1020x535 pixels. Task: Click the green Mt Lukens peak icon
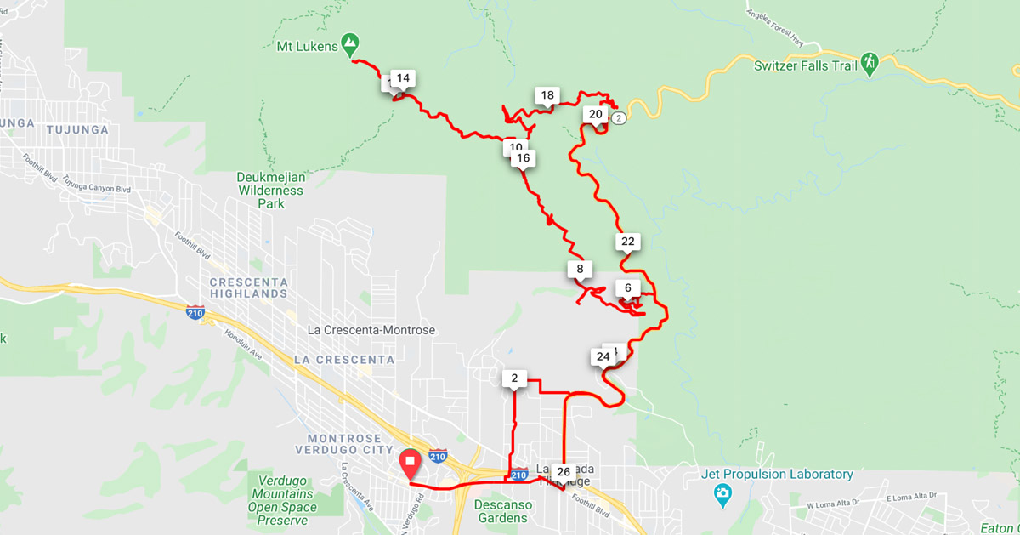[x=348, y=42]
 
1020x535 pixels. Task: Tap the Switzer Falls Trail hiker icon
[x=868, y=63]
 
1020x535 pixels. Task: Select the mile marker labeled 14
[x=403, y=78]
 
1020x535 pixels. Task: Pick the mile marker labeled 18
[x=547, y=95]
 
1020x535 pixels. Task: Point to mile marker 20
[x=595, y=114]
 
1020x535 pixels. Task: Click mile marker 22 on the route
[x=627, y=242]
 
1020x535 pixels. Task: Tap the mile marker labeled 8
[x=580, y=270]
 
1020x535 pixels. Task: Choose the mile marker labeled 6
[x=627, y=287]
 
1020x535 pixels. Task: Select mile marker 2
[x=514, y=378]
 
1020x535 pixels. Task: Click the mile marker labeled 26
[x=563, y=471]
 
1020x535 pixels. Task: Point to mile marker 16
[x=523, y=157]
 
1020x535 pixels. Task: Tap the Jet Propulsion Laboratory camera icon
[x=722, y=492]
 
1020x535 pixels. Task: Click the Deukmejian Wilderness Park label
[x=270, y=184]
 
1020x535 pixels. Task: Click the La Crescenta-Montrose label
[x=371, y=330]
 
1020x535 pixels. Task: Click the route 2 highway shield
[x=618, y=117]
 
